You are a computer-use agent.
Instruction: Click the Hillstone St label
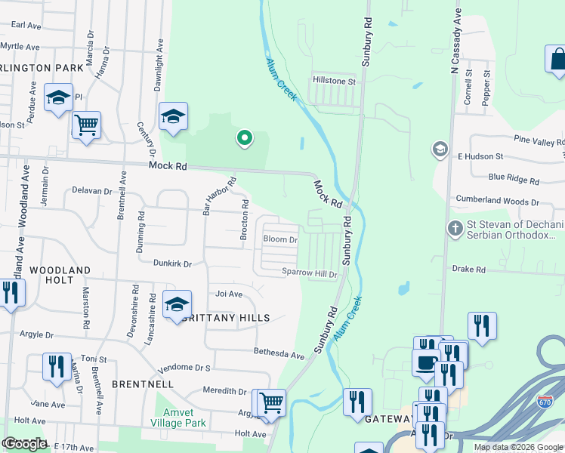(x=334, y=81)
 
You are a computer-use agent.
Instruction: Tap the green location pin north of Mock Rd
(x=244, y=138)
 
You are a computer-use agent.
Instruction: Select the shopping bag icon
(x=557, y=60)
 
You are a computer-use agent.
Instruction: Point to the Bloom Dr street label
(x=280, y=240)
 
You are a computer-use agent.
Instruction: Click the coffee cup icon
(x=425, y=362)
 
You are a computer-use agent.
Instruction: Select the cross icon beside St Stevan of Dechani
(x=455, y=227)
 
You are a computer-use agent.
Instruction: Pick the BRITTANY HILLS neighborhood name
(x=227, y=318)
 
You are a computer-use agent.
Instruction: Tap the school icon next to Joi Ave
(x=177, y=304)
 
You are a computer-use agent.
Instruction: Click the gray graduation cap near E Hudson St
(x=440, y=149)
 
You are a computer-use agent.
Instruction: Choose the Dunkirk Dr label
(x=172, y=264)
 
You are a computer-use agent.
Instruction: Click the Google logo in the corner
(x=25, y=444)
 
